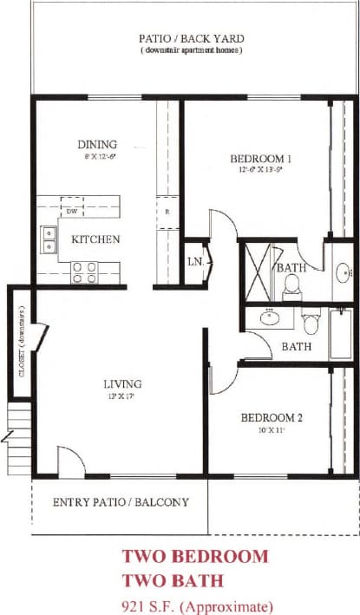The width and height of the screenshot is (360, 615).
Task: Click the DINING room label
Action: pyautogui.click(x=97, y=144)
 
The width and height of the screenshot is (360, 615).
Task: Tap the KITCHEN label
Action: pyautogui.click(x=95, y=239)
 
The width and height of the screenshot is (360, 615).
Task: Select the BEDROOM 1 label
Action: pyautogui.click(x=260, y=159)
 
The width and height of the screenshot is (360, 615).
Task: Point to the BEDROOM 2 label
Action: pyautogui.click(x=272, y=417)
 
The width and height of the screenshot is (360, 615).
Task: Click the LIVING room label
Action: pyautogui.click(x=123, y=383)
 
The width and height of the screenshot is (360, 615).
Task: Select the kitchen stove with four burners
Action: pyautogui.click(x=82, y=272)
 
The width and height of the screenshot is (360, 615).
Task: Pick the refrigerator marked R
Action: pyautogui.click(x=166, y=211)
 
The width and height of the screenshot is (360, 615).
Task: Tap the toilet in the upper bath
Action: pyautogui.click(x=291, y=285)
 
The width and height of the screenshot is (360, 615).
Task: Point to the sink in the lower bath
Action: pyautogui.click(x=271, y=317)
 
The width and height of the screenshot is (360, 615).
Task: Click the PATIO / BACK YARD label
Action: pyautogui.click(x=191, y=38)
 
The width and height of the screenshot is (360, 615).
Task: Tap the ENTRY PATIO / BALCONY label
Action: pyautogui.click(x=121, y=502)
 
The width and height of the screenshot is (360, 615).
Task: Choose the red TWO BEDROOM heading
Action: pyautogui.click(x=195, y=556)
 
